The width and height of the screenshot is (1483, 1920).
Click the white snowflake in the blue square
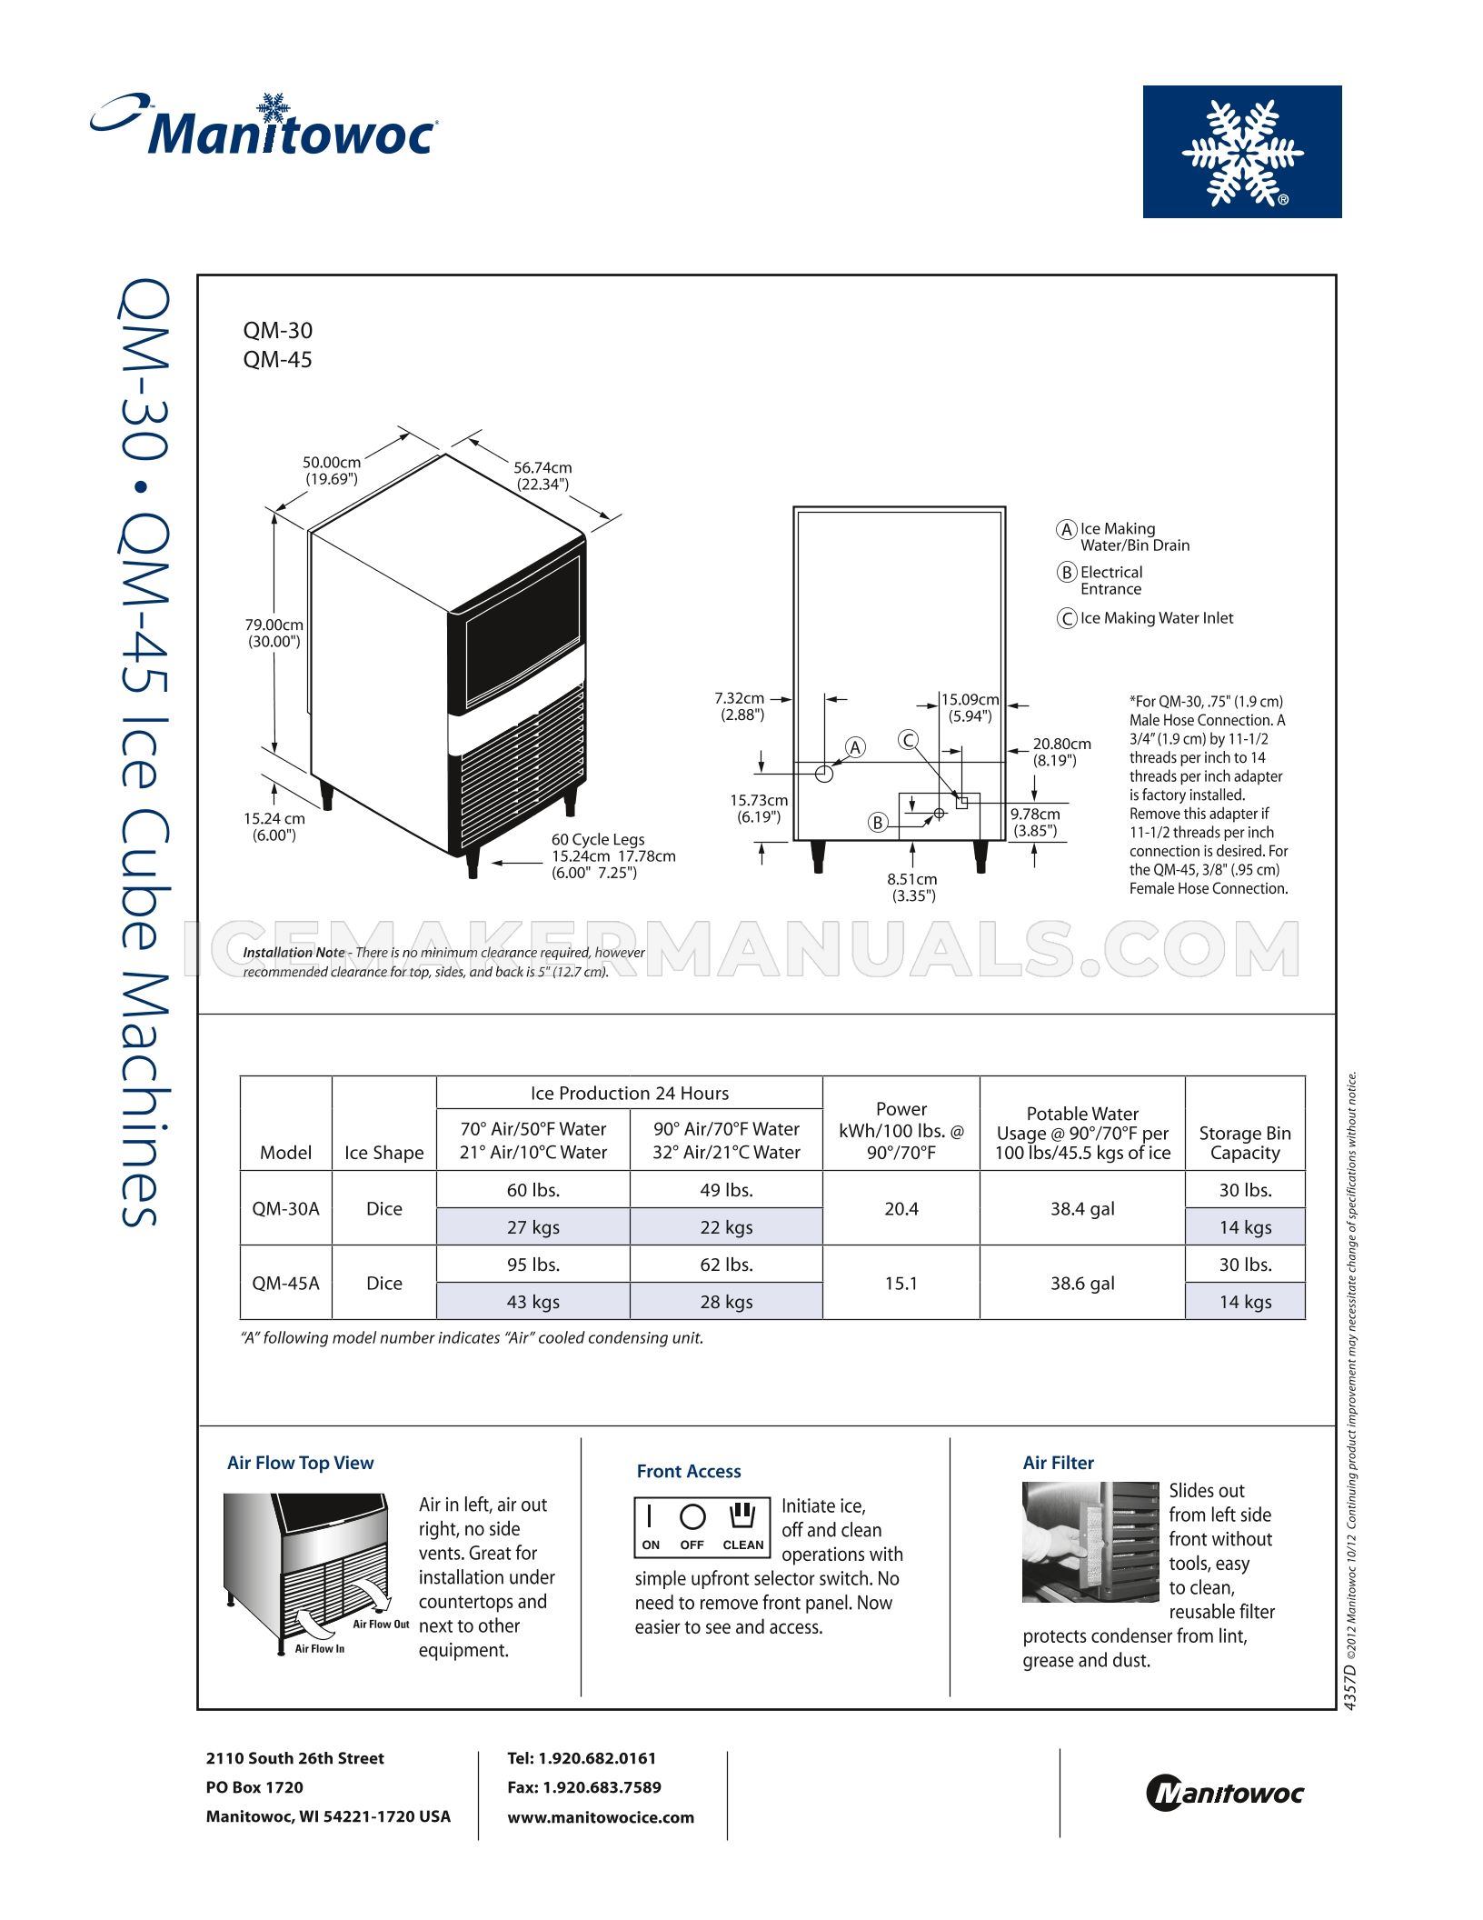point(1241,152)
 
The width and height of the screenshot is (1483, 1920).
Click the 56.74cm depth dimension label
point(542,475)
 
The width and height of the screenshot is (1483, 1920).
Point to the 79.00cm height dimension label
point(274,633)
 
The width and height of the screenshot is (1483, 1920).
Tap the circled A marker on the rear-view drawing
point(854,747)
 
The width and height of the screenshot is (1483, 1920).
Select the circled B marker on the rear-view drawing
point(877,823)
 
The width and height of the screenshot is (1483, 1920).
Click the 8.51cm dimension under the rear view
point(912,887)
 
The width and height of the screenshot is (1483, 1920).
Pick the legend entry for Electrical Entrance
point(1110,580)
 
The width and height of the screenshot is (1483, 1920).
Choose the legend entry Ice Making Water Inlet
point(1156,618)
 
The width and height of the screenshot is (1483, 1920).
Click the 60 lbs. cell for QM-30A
point(532,1189)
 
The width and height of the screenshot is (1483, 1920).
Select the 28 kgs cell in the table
point(726,1302)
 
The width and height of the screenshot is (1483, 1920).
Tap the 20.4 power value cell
point(901,1208)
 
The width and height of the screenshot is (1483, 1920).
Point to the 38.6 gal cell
point(1081,1283)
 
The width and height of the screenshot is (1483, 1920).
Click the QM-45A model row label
point(285,1283)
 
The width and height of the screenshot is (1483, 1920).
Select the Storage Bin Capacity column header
point(1244,1143)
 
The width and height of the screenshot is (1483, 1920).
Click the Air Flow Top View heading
point(300,1463)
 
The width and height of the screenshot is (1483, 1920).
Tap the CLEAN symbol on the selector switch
point(742,1515)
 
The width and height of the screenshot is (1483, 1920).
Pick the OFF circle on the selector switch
point(692,1516)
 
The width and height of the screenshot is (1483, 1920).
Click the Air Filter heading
point(1058,1463)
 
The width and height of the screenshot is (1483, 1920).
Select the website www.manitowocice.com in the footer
point(600,1817)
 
